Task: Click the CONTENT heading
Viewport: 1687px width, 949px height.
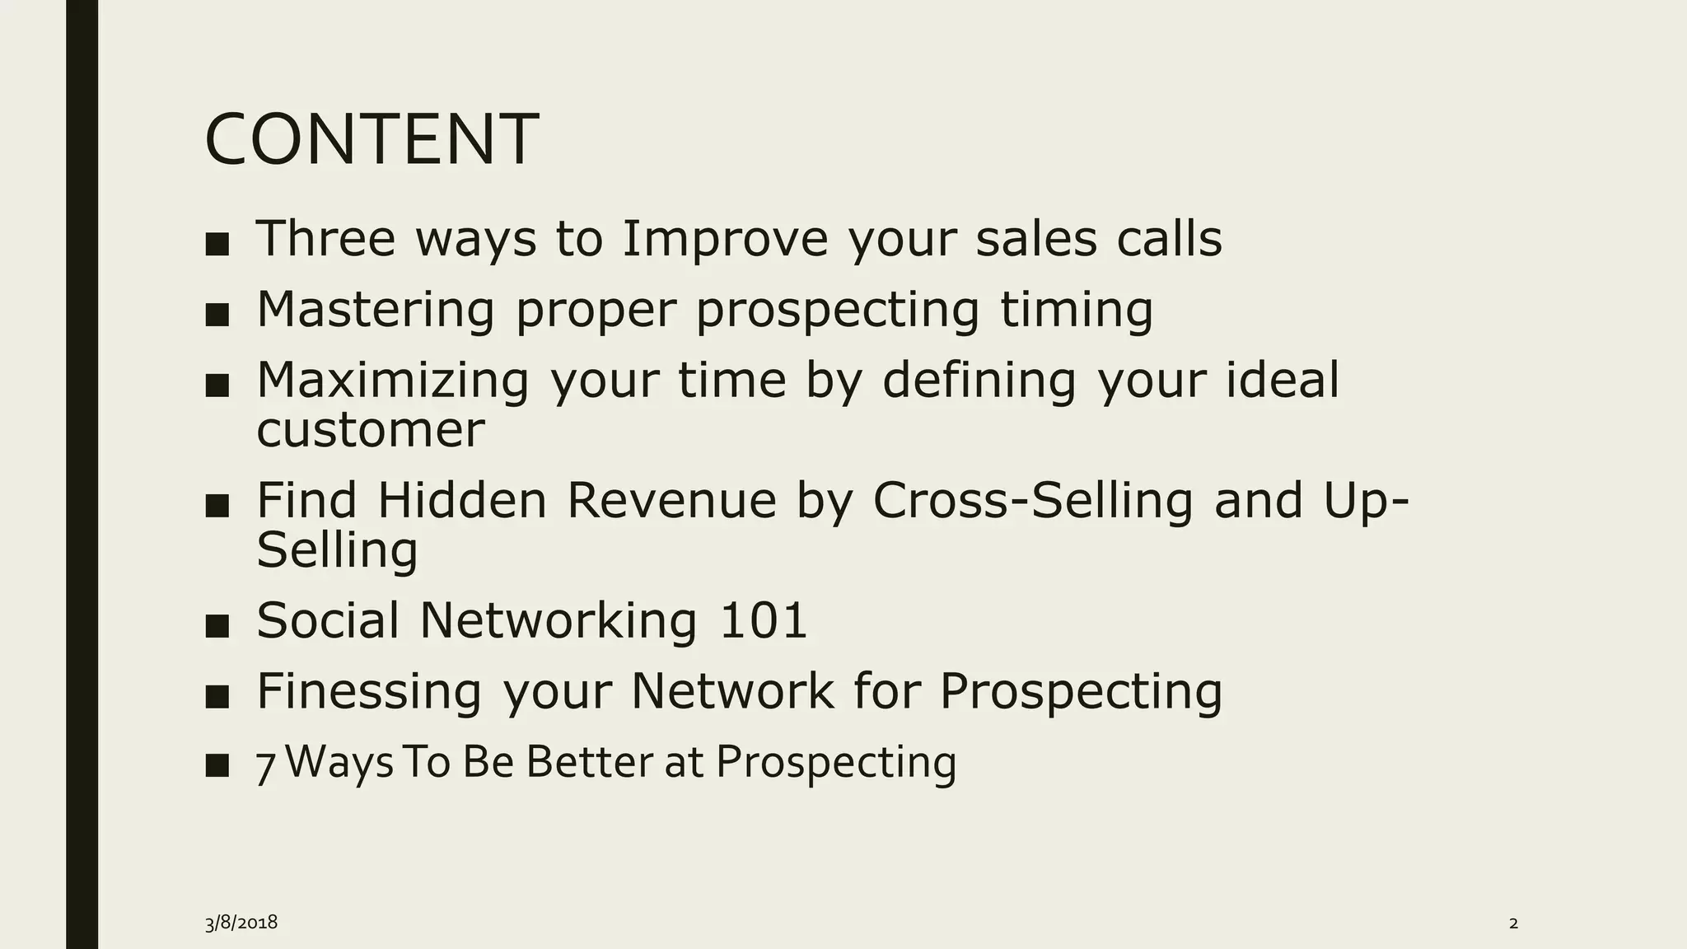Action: tap(372, 139)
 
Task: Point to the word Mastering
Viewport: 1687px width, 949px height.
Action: tap(376, 310)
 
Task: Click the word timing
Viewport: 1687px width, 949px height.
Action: tap(1077, 310)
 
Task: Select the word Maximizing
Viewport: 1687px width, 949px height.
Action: tap(392, 381)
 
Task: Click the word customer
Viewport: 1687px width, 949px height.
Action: tap(371, 430)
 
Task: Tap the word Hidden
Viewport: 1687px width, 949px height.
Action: tap(462, 500)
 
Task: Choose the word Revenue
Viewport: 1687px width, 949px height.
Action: tap(671, 500)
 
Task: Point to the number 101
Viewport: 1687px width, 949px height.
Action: tap(763, 620)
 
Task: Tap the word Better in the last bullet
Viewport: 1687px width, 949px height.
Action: tap(590, 762)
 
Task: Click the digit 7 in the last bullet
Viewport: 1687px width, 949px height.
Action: tap(265, 765)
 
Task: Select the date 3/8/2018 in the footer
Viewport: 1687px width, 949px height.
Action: tap(241, 923)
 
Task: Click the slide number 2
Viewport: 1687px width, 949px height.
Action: tap(1513, 923)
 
